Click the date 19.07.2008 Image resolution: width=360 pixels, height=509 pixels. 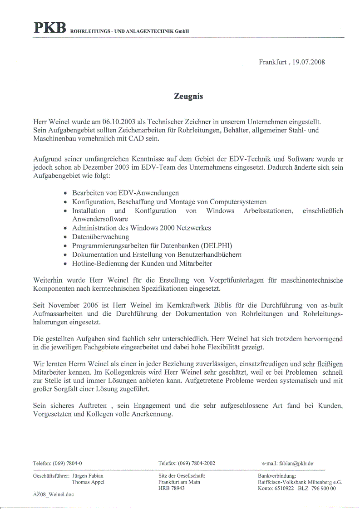(309, 62)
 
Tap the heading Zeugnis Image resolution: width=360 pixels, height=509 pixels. (188, 96)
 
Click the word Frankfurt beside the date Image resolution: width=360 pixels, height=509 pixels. (273, 62)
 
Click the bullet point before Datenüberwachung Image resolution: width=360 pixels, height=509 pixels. (66, 237)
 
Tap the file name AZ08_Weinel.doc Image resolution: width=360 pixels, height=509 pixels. (53, 494)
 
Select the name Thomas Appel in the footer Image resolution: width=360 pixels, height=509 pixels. (88, 482)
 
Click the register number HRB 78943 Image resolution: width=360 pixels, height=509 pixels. (172, 489)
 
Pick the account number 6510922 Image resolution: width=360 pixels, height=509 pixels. (283, 489)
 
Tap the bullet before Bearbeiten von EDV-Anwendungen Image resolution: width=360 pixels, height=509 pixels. (66, 193)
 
